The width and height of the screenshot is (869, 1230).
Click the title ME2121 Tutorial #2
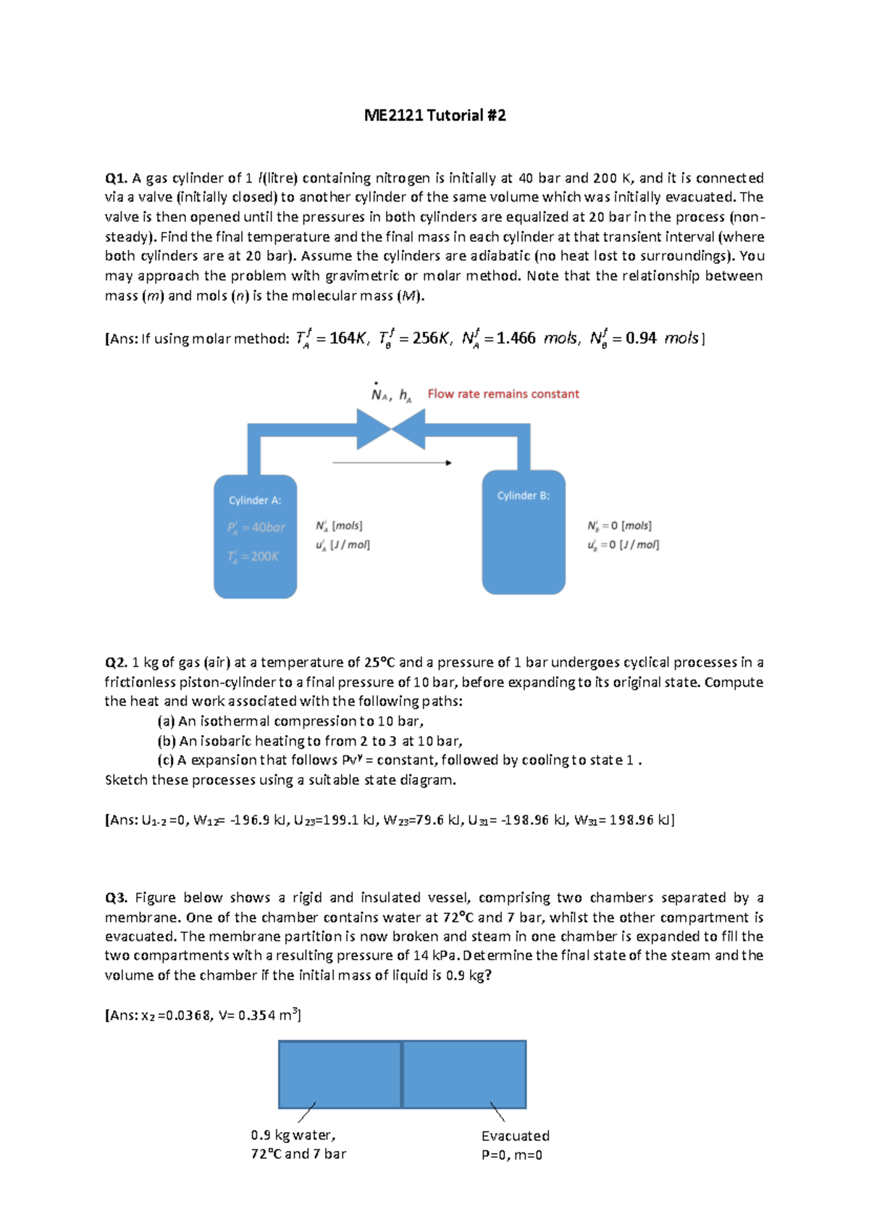pos(434,115)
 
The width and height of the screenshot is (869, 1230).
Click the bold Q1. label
pos(116,178)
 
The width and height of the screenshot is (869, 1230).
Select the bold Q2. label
pos(116,662)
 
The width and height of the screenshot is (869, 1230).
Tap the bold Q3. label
pos(116,898)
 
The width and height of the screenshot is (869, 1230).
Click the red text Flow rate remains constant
pos(503,394)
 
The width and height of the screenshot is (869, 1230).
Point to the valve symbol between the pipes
pos(391,429)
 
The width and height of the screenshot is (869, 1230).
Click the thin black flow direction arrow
pos(392,462)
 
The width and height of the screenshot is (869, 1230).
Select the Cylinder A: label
pos(255,501)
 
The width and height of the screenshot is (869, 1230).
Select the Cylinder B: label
pos(523,496)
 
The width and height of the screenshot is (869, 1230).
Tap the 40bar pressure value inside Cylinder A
pos(268,528)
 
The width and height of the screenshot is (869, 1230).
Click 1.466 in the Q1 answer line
pos(516,338)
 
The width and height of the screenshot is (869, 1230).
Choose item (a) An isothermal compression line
pos(290,721)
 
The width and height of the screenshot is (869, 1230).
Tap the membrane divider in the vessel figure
pos(402,1075)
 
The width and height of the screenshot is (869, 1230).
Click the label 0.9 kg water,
pos(293,1135)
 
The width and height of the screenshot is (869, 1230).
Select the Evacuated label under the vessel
pos(515,1136)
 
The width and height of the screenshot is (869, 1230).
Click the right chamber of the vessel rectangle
pos(464,1075)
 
